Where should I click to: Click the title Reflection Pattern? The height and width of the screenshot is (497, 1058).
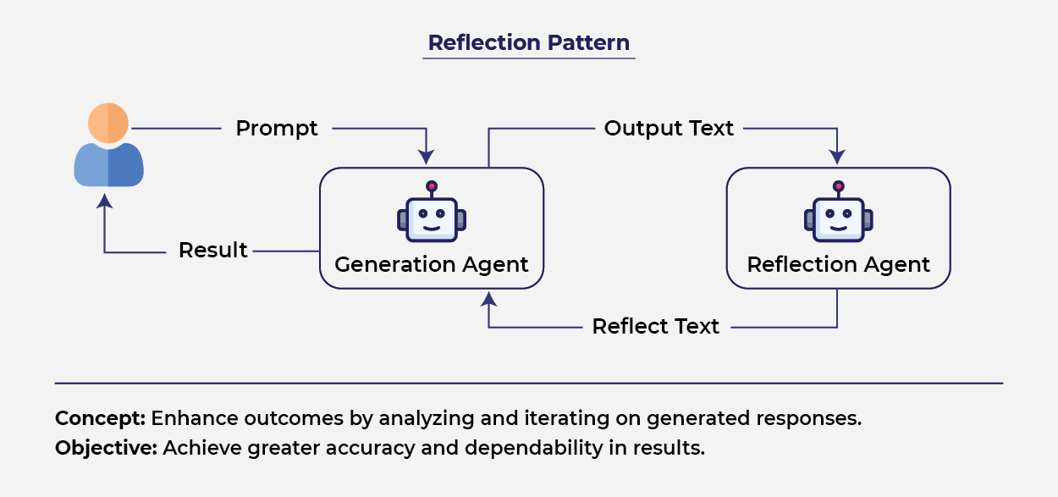point(528,42)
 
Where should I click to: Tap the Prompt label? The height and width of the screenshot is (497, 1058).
point(277,129)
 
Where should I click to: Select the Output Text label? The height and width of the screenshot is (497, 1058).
point(669,129)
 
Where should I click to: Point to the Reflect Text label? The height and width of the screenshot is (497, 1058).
point(655,327)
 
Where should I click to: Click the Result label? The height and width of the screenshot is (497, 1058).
point(212,251)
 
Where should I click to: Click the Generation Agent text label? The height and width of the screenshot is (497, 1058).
point(431,264)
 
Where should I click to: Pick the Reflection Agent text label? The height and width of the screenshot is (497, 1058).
point(838,264)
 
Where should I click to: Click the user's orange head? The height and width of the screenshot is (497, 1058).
point(108,123)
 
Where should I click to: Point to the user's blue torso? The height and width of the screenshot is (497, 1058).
point(108,164)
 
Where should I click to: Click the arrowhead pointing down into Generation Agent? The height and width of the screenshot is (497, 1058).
point(427,157)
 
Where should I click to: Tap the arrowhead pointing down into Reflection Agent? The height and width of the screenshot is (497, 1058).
point(837,157)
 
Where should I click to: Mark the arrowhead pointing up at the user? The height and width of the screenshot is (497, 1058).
point(105,202)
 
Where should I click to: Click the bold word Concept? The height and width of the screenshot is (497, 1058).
point(101,418)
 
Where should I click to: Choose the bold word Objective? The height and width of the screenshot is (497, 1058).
point(106,448)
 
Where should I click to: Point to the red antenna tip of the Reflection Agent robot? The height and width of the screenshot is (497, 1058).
point(838,185)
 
